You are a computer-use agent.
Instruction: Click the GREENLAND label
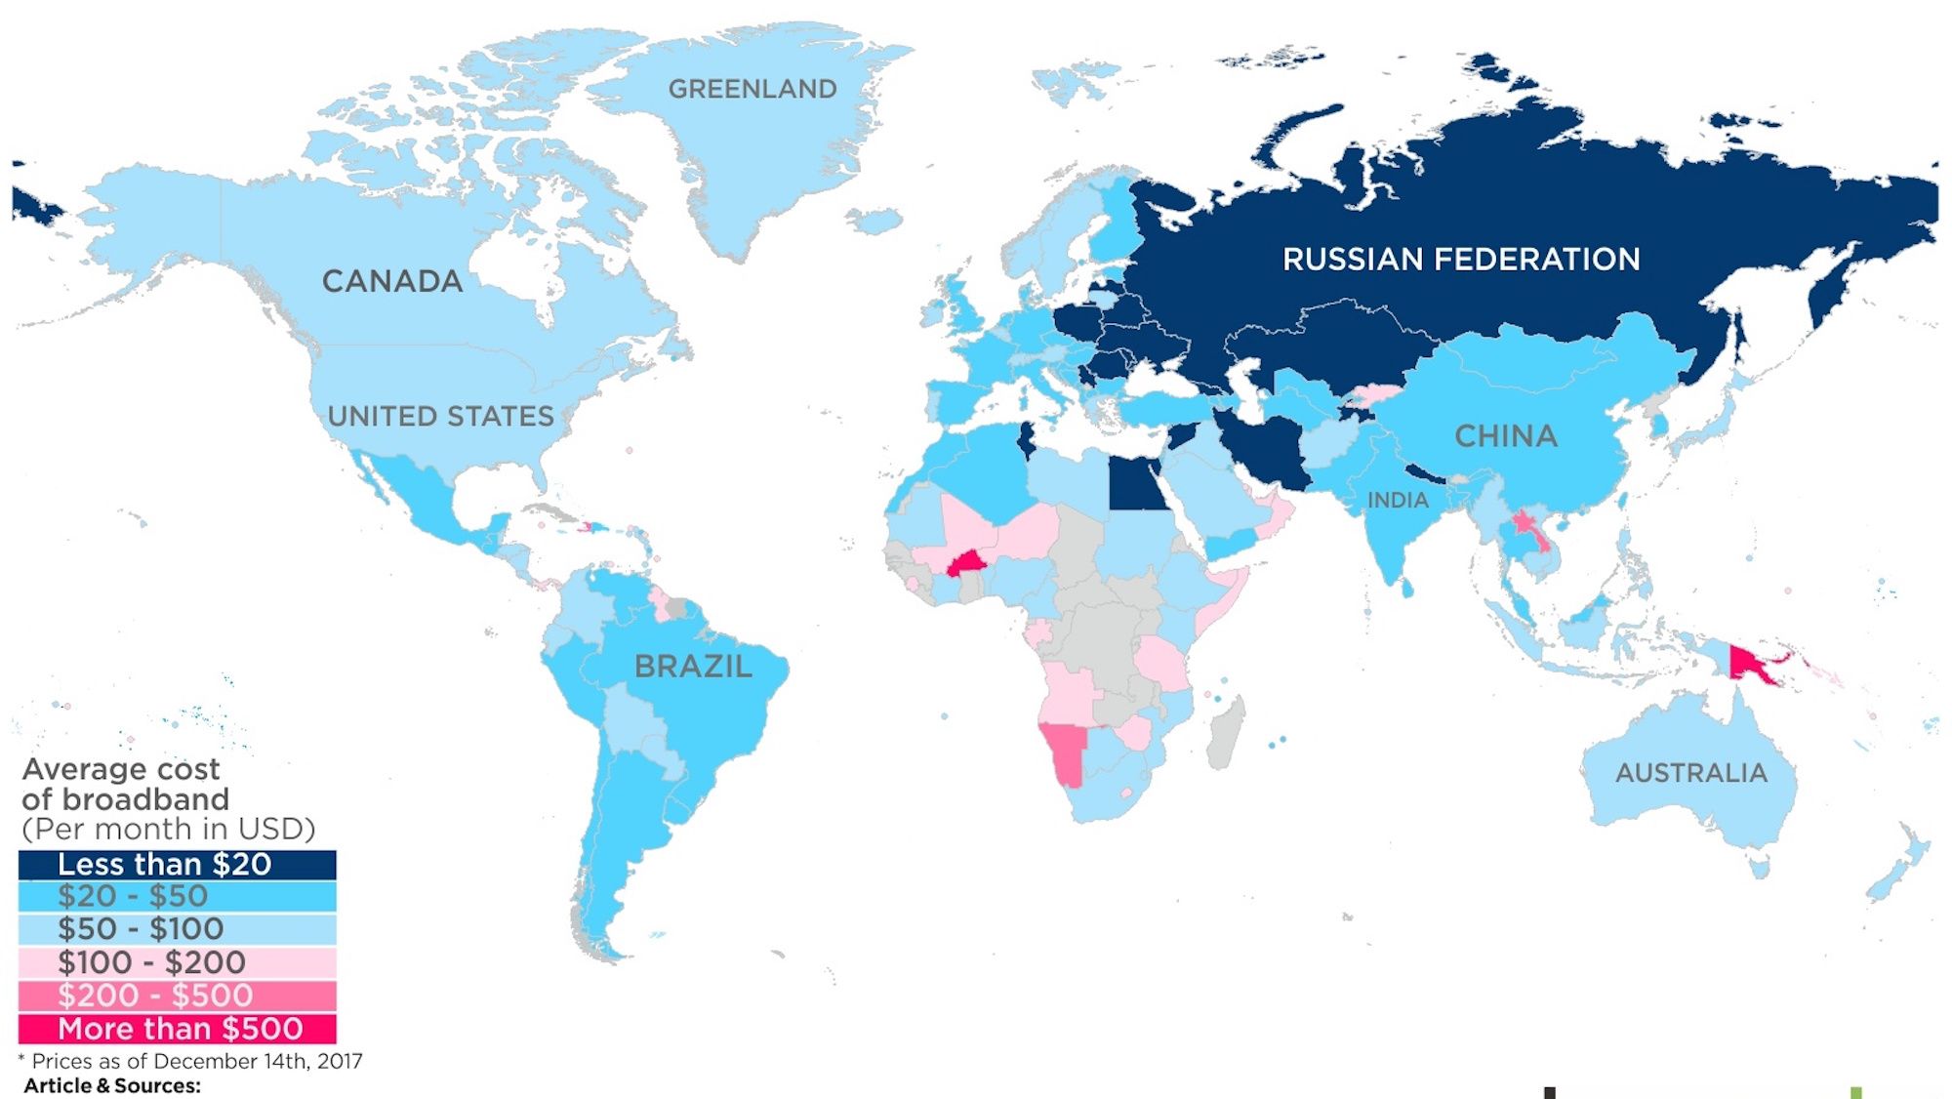click(752, 89)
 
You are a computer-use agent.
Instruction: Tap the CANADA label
click(392, 281)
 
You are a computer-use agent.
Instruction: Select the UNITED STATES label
click(440, 417)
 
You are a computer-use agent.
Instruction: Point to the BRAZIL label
click(693, 667)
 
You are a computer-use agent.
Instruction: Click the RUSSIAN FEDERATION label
click(1460, 260)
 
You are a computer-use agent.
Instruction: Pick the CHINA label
click(1506, 436)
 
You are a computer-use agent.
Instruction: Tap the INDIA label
click(1398, 501)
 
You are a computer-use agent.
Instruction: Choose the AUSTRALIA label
click(1690, 773)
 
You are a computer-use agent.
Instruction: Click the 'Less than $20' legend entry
click(177, 865)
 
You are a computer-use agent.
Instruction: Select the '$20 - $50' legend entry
click(177, 897)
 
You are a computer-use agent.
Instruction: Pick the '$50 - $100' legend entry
click(177, 929)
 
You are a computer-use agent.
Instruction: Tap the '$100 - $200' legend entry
click(177, 962)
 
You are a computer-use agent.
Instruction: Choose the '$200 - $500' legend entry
click(177, 996)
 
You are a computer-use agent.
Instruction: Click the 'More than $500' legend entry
click(177, 1029)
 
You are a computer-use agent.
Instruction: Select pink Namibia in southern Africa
click(1067, 750)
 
